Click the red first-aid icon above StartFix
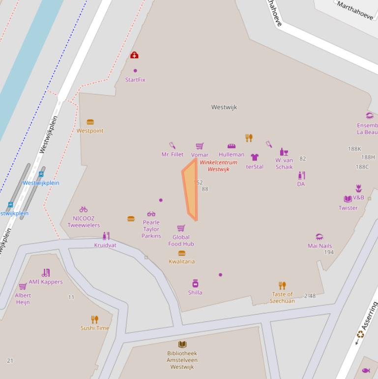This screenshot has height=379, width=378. [x=134, y=55]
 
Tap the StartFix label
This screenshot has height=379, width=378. [x=135, y=80]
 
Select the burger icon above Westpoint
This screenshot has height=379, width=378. [x=90, y=122]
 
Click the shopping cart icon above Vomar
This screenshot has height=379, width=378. [x=200, y=146]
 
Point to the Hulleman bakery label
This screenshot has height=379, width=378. [x=232, y=155]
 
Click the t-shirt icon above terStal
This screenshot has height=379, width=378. [x=255, y=158]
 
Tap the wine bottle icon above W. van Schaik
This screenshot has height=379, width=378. [x=284, y=152]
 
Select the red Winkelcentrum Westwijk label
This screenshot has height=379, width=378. [x=218, y=166]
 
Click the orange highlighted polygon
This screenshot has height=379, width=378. [x=191, y=189]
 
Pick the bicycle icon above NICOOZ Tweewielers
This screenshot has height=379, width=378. [x=84, y=209]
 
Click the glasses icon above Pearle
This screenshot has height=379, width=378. [x=151, y=214]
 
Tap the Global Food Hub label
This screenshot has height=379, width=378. [x=181, y=240]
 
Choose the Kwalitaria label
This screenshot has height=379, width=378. [x=181, y=261]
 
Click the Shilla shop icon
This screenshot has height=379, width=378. [x=195, y=284]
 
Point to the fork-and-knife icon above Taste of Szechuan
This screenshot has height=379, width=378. [x=282, y=285]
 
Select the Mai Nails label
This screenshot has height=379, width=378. [x=320, y=246]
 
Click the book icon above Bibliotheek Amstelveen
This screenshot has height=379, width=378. [x=182, y=345]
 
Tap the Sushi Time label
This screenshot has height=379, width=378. [x=95, y=328]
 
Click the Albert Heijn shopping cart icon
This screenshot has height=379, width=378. [x=23, y=286]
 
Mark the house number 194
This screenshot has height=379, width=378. [x=329, y=253]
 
